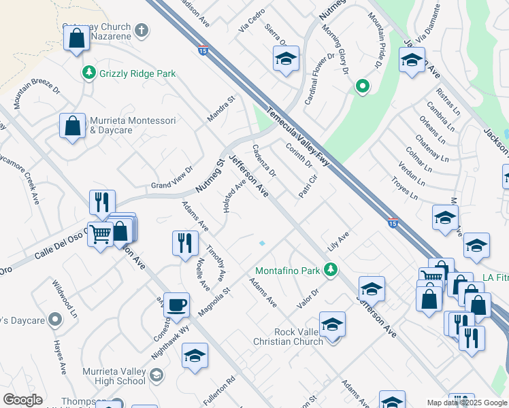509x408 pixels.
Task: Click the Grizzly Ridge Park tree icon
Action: [x=89, y=73]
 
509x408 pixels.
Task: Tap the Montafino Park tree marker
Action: [x=331, y=271]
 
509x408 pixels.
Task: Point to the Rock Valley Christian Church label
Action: [x=298, y=337]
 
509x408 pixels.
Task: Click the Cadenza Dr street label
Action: [x=264, y=160]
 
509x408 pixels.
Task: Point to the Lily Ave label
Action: [x=338, y=241]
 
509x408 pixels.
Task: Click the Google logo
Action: [x=23, y=400]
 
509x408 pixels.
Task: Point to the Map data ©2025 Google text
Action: [x=466, y=403]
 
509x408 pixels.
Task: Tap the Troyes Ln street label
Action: [x=405, y=188]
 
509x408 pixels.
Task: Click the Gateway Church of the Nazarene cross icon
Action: [x=142, y=30]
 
